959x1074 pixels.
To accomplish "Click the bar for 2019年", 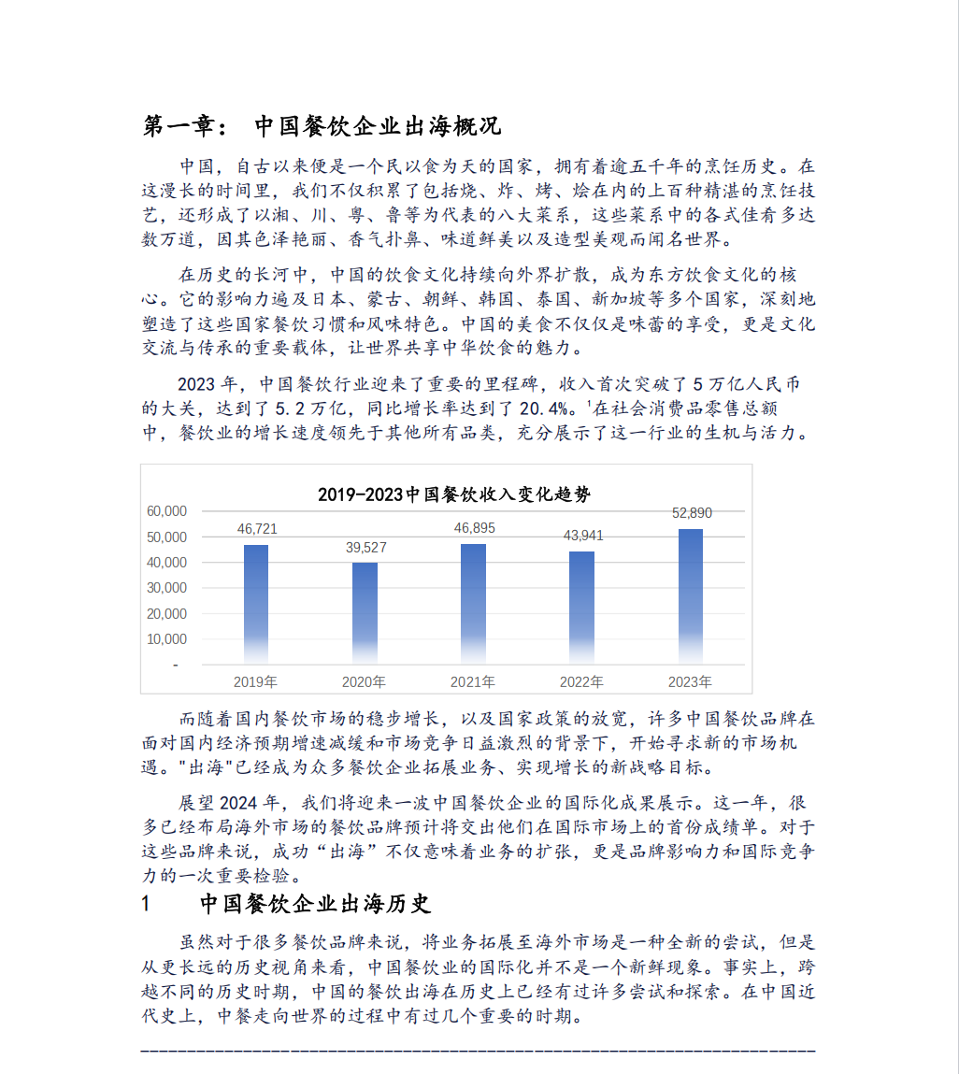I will point(256,603).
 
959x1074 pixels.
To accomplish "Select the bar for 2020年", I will point(365,612).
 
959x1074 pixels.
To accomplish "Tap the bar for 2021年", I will point(473,603).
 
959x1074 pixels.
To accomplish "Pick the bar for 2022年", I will point(581,607).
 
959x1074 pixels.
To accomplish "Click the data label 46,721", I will point(257,529).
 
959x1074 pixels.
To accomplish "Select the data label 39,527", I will point(365,548).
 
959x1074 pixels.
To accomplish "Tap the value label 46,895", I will point(474,528).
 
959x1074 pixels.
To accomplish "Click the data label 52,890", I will point(692,513).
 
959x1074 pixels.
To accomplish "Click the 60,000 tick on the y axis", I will point(167,511).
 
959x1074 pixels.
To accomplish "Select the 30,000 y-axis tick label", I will point(167,588).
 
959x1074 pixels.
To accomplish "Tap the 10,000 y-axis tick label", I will point(167,639).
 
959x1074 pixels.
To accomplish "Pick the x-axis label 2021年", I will point(473,681).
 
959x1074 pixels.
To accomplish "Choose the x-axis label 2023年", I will point(690,681).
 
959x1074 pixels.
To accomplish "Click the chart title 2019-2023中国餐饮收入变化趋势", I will point(454,494).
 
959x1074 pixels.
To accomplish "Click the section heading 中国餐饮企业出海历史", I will point(315,904).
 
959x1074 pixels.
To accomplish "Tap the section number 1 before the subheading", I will point(145,904).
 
